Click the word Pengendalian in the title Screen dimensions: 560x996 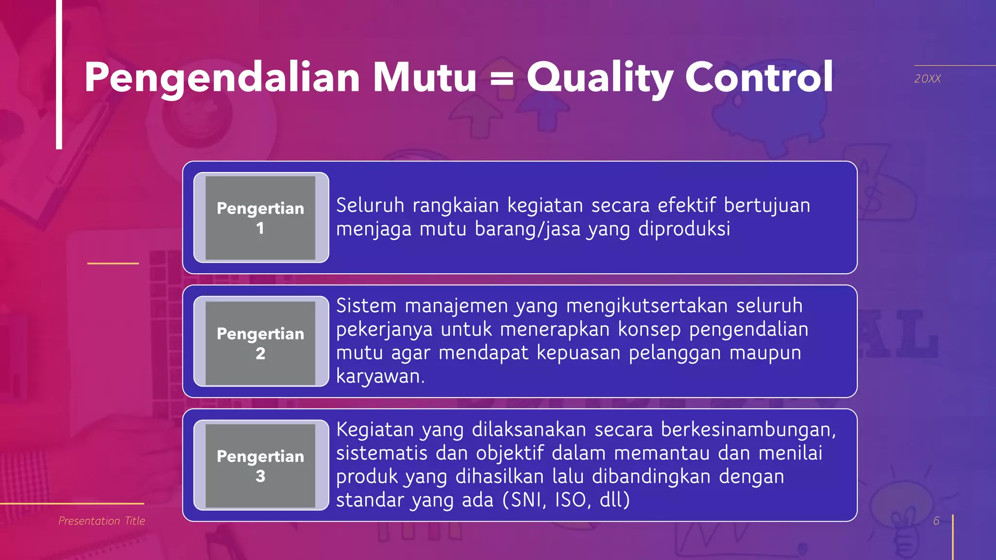pos(222,78)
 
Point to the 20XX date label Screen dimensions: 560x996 pos(927,79)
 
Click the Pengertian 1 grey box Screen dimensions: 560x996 pos(261,218)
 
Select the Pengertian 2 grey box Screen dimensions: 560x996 pos(261,342)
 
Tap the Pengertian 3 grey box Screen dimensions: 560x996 pos(261,466)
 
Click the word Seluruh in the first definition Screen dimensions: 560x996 pos(370,206)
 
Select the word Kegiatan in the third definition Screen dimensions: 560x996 pos(374,430)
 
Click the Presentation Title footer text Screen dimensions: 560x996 pos(102,521)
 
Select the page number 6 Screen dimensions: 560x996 pos(936,521)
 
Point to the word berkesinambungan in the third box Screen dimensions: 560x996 pos(748,430)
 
